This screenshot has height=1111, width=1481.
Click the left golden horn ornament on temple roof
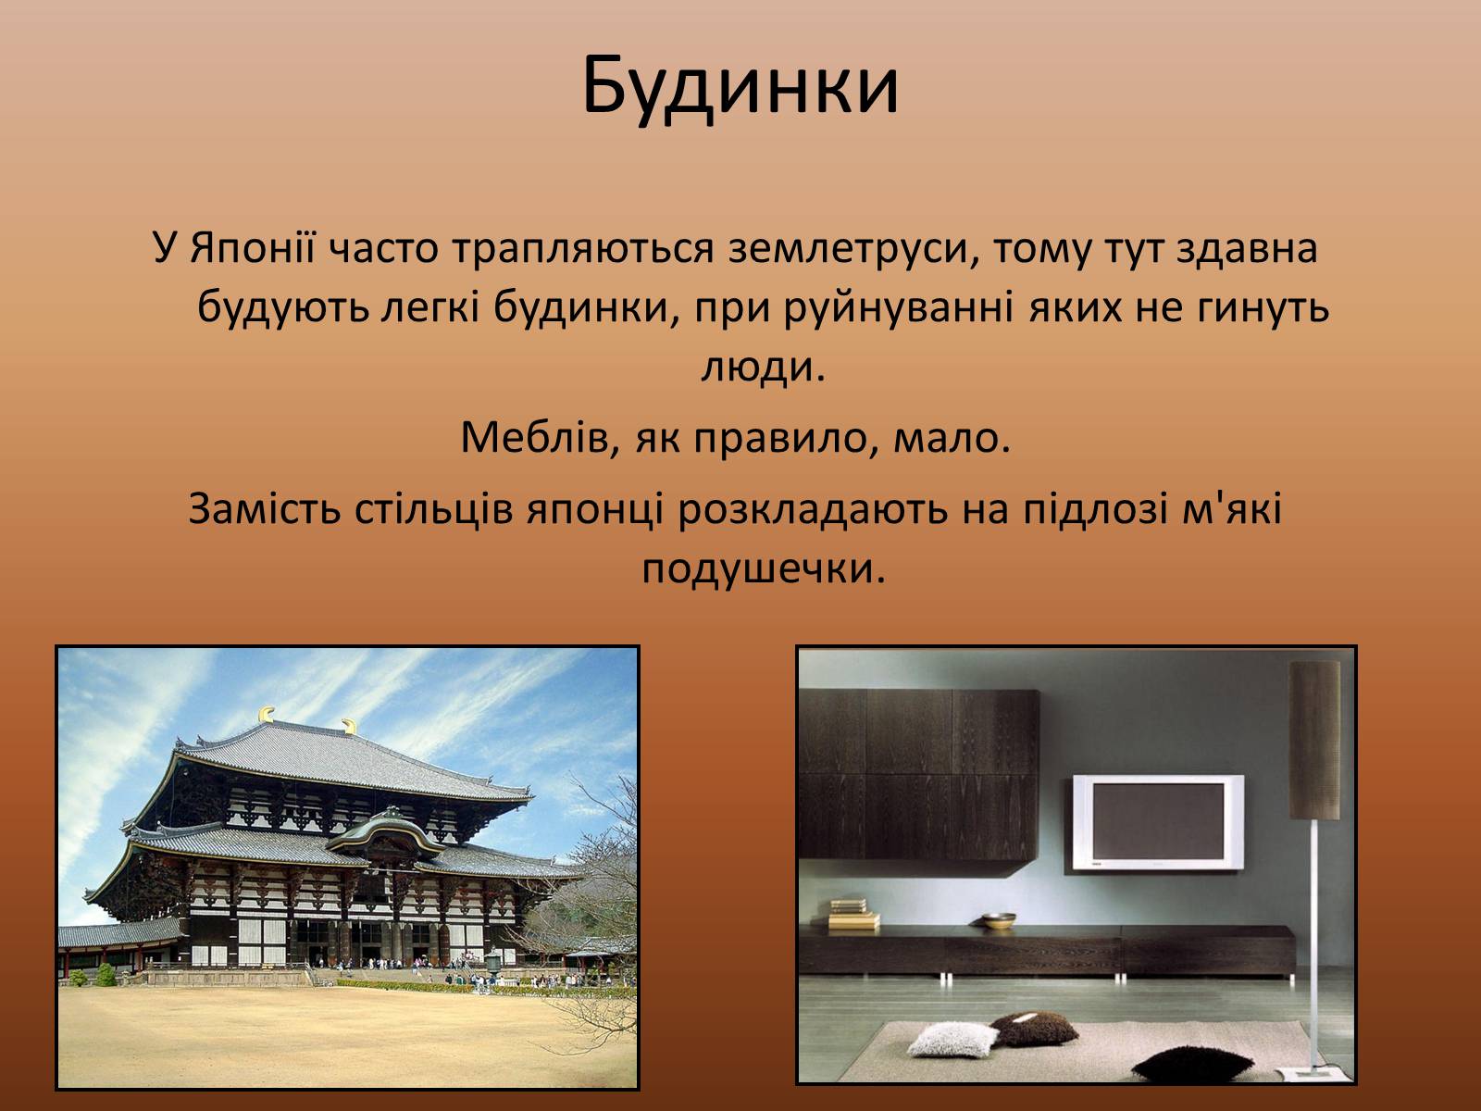pos(267,715)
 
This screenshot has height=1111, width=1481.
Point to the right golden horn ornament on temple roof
pos(350,727)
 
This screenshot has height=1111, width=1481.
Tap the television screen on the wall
pos(1158,822)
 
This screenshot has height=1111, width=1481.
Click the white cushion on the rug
pos(952,1040)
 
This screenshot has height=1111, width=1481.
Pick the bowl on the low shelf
pos(999,920)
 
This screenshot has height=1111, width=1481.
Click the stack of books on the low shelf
pos(854,915)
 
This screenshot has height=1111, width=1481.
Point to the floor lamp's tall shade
pos(1314,740)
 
